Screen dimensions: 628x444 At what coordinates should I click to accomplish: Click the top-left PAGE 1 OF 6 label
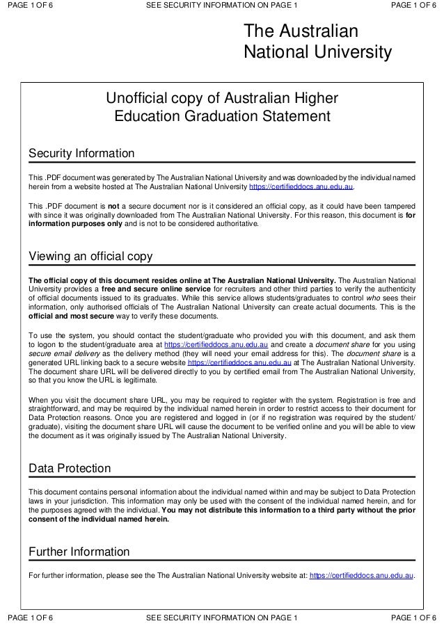(x=29, y=6)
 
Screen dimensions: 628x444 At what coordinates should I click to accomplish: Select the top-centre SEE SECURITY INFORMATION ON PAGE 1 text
(x=221, y=6)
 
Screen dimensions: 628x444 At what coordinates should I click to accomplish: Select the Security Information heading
(x=81, y=153)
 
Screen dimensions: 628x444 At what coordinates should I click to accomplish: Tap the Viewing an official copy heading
(x=90, y=257)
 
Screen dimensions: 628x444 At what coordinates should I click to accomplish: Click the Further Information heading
(x=79, y=552)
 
